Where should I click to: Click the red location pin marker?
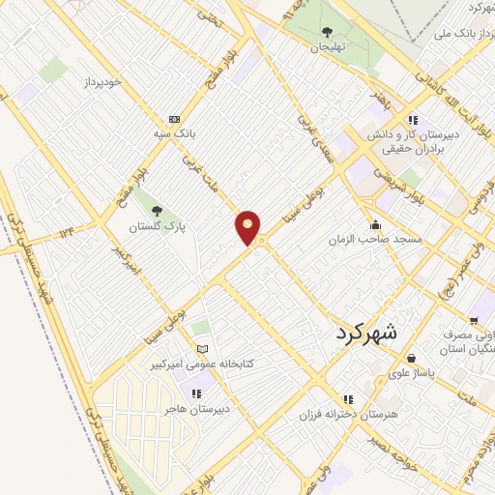pyautogui.click(x=248, y=227)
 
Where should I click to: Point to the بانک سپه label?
pyautogui.click(x=174, y=133)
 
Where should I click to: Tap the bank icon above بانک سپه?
pyautogui.click(x=174, y=120)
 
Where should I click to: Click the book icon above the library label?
pyautogui.click(x=202, y=349)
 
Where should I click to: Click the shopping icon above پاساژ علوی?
pyautogui.click(x=413, y=355)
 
